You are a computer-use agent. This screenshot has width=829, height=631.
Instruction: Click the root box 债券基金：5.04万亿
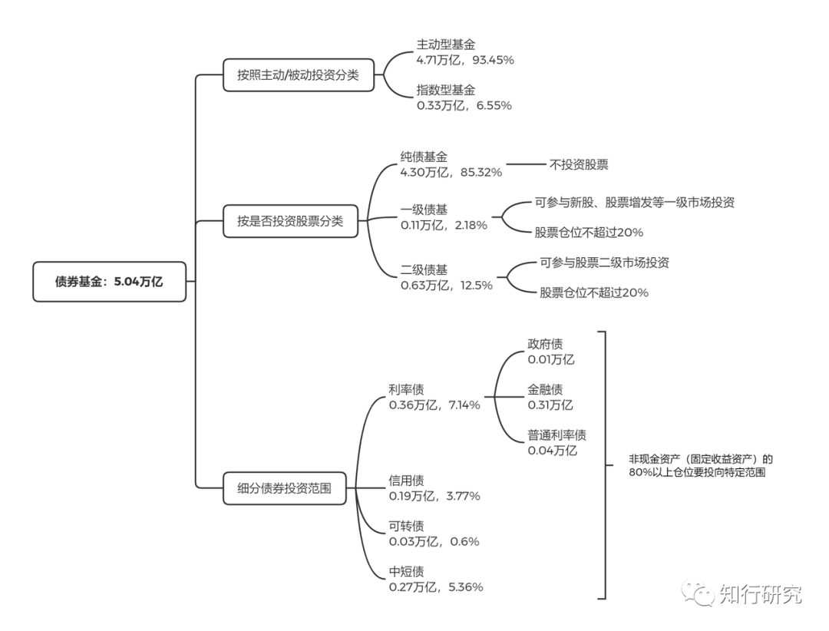(109, 282)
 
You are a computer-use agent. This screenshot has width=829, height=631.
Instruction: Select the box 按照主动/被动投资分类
(298, 75)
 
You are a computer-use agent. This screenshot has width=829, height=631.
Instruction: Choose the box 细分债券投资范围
(284, 487)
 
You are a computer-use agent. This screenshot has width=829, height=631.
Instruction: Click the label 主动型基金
(446, 45)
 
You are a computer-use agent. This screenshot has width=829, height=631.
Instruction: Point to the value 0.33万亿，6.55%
(464, 105)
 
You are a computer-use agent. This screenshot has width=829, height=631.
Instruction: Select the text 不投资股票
(578, 164)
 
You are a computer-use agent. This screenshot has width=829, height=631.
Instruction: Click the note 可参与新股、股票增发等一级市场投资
(634, 203)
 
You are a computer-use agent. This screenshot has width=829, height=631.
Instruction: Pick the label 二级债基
(424, 269)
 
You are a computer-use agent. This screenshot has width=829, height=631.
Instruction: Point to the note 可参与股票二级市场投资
(604, 263)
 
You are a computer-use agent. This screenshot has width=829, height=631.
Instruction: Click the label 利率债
(406, 389)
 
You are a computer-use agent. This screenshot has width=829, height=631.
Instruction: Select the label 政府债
(545, 344)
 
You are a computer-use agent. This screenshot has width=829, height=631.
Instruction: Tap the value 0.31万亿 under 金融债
(550, 405)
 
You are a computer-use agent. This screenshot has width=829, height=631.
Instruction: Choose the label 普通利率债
(557, 435)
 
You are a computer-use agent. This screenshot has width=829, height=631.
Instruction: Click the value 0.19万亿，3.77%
(434, 496)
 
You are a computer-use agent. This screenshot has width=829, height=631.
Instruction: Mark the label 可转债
(406, 526)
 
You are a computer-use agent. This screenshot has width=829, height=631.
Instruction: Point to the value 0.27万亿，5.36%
(436, 587)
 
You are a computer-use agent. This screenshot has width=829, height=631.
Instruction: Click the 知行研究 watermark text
(760, 593)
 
